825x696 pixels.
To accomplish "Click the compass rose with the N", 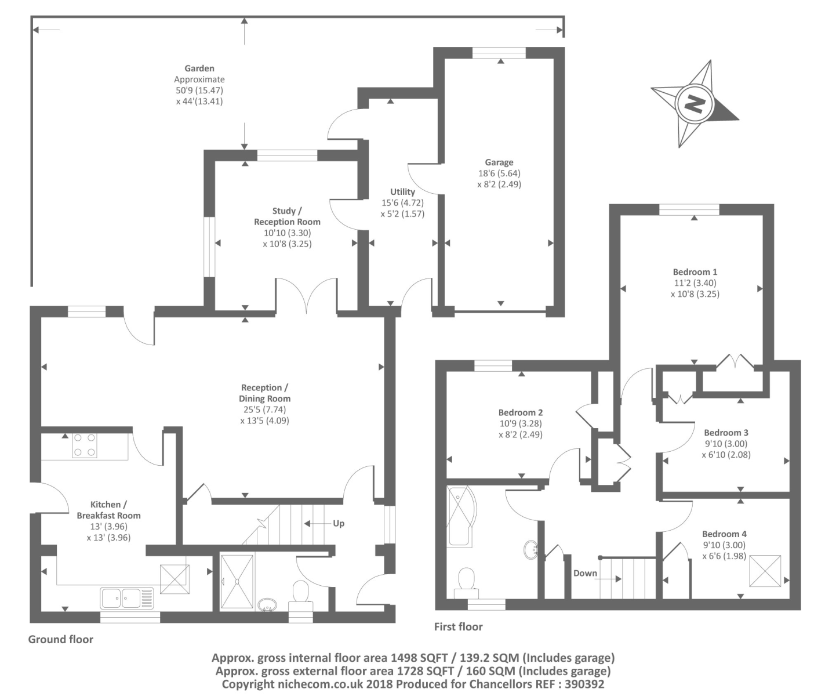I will pyautogui.click(x=694, y=104).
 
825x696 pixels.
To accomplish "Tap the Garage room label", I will pyautogui.click(x=499, y=162).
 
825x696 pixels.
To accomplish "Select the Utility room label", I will pyautogui.click(x=402, y=192).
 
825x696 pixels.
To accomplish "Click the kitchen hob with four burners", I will pyautogui.click(x=85, y=445).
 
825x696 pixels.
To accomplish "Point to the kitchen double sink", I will pyautogui.click(x=127, y=598).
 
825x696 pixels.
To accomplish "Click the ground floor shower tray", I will pyautogui.click(x=237, y=582).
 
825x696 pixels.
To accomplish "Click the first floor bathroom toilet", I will pyautogui.click(x=466, y=582).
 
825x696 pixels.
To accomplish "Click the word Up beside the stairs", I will pyautogui.click(x=339, y=523).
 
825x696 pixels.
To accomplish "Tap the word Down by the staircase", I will pyautogui.click(x=585, y=573).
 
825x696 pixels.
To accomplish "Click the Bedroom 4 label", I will pyautogui.click(x=724, y=534).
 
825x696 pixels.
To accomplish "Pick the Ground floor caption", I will pyautogui.click(x=61, y=639).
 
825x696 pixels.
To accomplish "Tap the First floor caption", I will pyautogui.click(x=458, y=626).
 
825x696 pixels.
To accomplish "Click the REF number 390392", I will pyautogui.click(x=582, y=684).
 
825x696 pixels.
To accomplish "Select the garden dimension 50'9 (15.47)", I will pyautogui.click(x=199, y=90).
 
